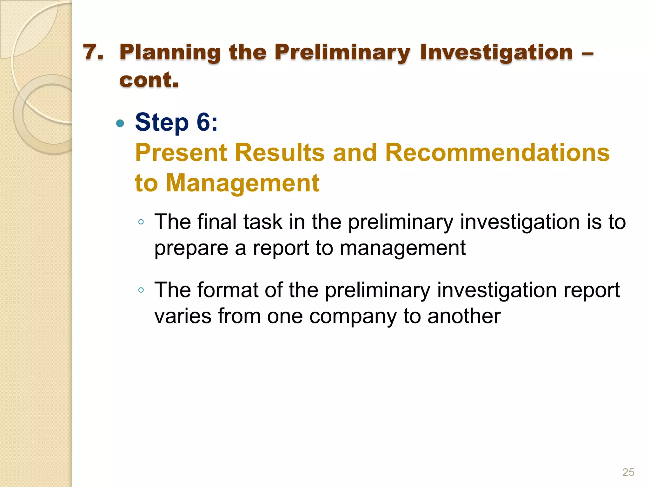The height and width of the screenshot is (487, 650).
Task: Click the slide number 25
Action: tap(628, 472)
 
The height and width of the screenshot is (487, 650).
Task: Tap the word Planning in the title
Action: tap(170, 53)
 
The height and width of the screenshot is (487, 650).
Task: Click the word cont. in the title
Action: tap(149, 80)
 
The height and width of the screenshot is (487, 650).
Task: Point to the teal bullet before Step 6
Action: tap(120, 123)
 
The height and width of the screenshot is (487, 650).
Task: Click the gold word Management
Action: tap(243, 183)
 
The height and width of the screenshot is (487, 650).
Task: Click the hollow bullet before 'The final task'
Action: tap(141, 222)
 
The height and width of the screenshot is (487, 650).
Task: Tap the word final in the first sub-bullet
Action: tap(217, 222)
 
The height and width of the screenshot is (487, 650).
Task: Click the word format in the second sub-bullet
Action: tap(228, 290)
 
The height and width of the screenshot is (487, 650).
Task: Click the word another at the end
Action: tap(464, 316)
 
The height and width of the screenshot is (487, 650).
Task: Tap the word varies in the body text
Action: tap(183, 316)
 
